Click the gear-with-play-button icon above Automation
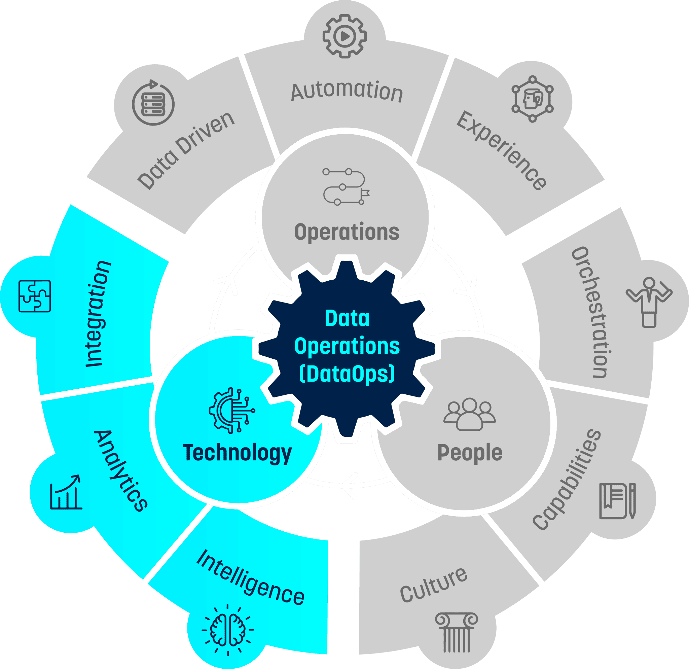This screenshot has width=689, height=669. click(344, 36)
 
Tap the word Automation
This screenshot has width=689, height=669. click(347, 92)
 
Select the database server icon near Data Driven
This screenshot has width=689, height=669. click(153, 104)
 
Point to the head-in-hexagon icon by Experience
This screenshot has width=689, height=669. click(532, 99)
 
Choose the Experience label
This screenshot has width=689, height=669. click(501, 150)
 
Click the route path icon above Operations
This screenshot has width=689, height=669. click(346, 187)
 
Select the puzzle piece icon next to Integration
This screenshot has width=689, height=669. click(34, 296)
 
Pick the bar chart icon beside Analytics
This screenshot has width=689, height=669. click(66, 492)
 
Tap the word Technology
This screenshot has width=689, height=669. click(237, 453)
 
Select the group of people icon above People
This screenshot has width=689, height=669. click(469, 414)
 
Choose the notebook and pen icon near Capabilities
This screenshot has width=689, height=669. click(617, 501)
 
